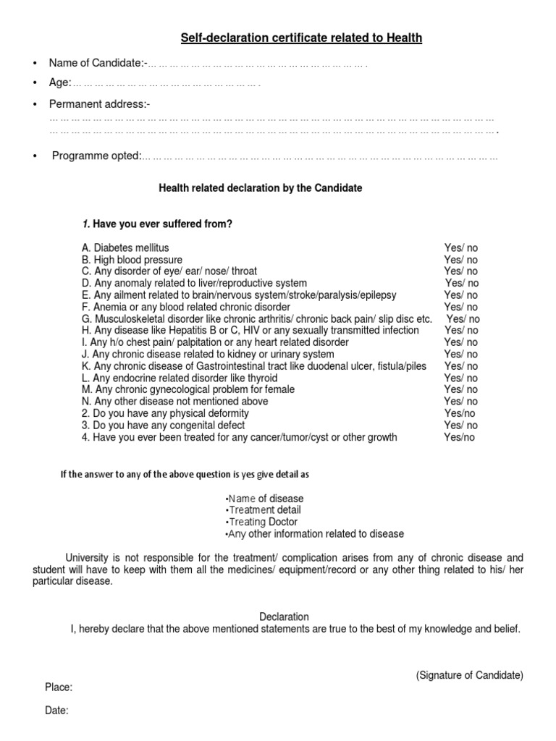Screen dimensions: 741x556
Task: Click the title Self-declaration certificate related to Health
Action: click(x=300, y=38)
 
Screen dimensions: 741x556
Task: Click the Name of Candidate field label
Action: click(x=97, y=63)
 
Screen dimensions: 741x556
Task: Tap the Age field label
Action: click(x=59, y=82)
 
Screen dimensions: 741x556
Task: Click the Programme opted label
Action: click(x=96, y=156)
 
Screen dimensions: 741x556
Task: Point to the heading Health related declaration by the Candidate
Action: click(x=260, y=188)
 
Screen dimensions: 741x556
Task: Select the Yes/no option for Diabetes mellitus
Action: click(x=460, y=247)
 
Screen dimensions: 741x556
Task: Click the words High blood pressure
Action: click(x=138, y=260)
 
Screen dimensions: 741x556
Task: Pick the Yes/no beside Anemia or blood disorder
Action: click(x=460, y=307)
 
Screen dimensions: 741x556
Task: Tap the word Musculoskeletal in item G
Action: click(x=130, y=318)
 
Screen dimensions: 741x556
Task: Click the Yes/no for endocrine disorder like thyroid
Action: click(x=460, y=378)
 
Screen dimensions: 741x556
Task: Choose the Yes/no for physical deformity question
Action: click(x=459, y=413)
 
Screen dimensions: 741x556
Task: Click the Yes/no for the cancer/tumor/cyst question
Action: click(x=459, y=437)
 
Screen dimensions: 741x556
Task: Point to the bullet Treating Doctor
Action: click(x=261, y=522)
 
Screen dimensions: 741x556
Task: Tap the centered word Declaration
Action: click(x=284, y=617)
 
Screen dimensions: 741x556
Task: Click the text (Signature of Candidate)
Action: click(x=469, y=675)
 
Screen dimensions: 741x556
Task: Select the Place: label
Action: click(x=59, y=687)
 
